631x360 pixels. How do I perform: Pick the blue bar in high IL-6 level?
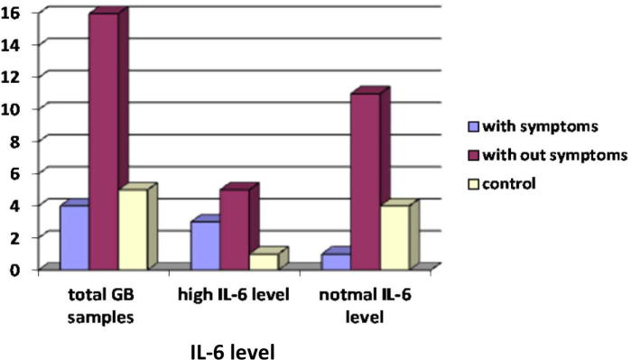click(205, 245)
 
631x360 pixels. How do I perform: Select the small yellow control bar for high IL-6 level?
click(262, 261)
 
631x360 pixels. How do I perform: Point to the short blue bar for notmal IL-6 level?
click(336, 261)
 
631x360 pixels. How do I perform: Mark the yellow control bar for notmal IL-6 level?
click(394, 236)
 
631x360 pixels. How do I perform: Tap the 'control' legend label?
click(510, 183)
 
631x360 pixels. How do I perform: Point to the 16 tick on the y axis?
click(18, 13)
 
